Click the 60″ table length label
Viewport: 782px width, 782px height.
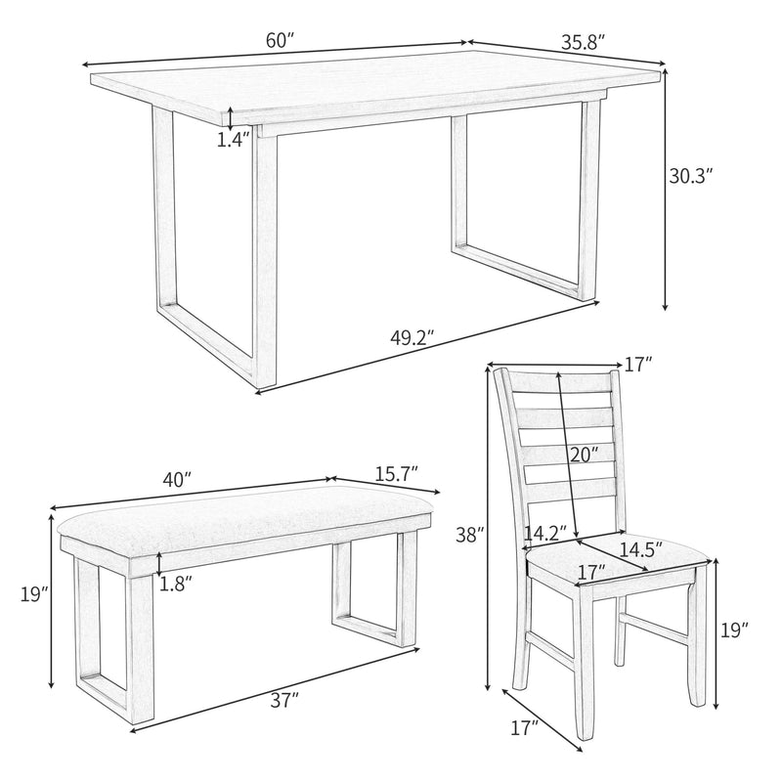[279, 41]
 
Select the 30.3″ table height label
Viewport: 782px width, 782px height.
[690, 177]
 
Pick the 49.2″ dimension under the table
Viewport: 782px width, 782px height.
[412, 338]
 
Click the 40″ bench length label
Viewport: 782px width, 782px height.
[176, 481]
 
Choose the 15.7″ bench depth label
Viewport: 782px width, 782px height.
[395, 473]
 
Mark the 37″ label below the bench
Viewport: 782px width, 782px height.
[286, 699]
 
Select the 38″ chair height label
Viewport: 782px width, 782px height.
[469, 535]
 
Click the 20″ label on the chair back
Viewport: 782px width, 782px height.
[583, 454]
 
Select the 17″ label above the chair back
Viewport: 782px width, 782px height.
[638, 364]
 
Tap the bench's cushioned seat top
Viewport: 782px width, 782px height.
[244, 528]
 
